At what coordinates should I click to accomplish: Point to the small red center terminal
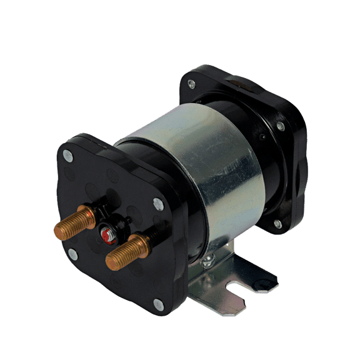tap(107, 236)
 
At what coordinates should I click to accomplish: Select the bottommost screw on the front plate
tap(158, 304)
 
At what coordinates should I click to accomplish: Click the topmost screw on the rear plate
tap(191, 84)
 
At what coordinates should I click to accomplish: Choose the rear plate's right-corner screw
tap(281, 126)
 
